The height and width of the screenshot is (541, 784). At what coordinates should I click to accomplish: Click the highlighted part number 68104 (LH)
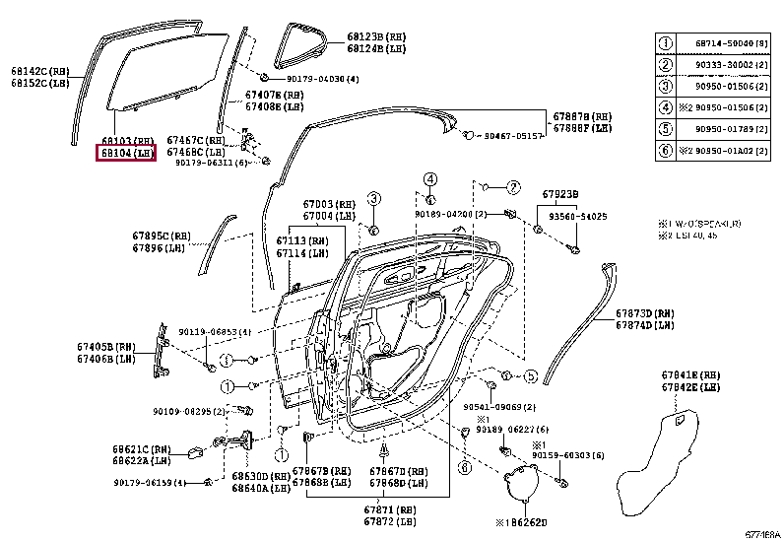coord(124,154)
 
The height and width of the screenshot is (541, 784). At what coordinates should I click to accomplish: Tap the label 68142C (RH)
coord(39,72)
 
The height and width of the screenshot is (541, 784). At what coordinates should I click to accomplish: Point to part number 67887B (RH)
coord(582,115)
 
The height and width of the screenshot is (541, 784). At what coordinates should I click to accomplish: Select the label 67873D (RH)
coord(645,312)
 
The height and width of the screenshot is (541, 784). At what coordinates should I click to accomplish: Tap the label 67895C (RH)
coord(160,236)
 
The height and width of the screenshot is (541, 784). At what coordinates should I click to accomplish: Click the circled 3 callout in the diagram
coord(374,200)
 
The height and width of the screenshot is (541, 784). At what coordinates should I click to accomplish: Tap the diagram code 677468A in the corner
coord(759,534)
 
